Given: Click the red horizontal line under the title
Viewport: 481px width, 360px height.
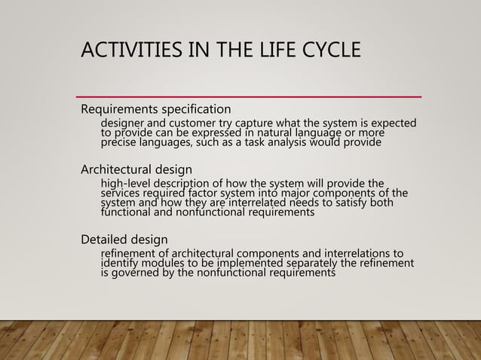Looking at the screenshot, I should pos(249,97).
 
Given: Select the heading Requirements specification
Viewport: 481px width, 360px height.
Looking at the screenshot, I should pos(156,110).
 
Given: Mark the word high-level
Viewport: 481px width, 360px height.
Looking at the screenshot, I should pos(127,182).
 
